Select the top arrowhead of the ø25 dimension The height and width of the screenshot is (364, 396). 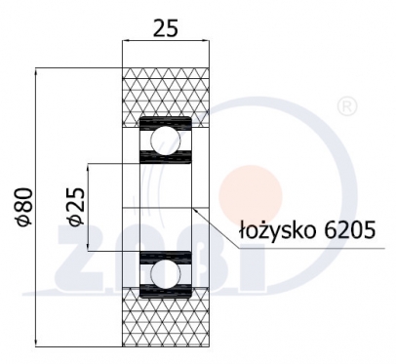tap(89, 165)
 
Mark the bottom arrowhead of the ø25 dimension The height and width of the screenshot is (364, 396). tap(89, 248)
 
